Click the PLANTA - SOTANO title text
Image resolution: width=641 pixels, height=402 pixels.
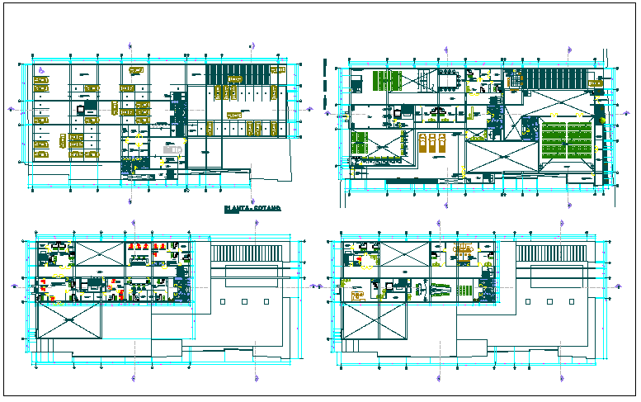pos(252,210)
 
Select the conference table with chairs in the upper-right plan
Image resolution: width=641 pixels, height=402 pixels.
pos(450,80)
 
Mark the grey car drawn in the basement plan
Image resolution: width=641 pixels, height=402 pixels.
pos(81,108)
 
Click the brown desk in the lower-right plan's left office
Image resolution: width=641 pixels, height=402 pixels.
pos(358,293)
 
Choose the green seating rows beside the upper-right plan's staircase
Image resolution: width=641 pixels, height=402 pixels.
pos(388,81)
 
